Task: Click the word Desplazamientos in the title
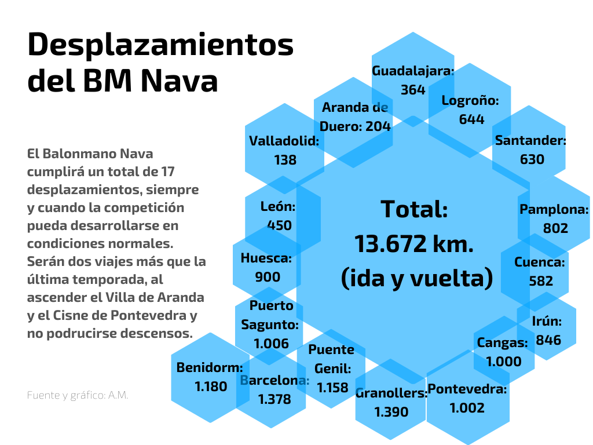click(x=160, y=46)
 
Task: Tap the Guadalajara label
click(x=413, y=71)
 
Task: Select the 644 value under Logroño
click(x=471, y=119)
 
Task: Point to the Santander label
click(x=530, y=140)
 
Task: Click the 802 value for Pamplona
click(x=555, y=228)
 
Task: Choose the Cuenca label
click(x=540, y=262)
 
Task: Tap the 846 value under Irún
click(x=548, y=340)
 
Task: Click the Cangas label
click(x=502, y=342)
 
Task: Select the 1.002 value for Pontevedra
click(x=467, y=408)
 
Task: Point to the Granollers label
click(x=391, y=393)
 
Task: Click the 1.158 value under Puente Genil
click(x=332, y=388)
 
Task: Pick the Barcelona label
click(x=274, y=381)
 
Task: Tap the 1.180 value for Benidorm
click(x=211, y=386)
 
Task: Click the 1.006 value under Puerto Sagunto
click(x=271, y=344)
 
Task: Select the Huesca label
click(x=266, y=258)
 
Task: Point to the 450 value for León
click(x=279, y=225)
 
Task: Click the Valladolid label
click(x=284, y=141)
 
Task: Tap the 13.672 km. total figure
click(x=414, y=244)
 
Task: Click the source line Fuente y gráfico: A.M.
click(x=78, y=395)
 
